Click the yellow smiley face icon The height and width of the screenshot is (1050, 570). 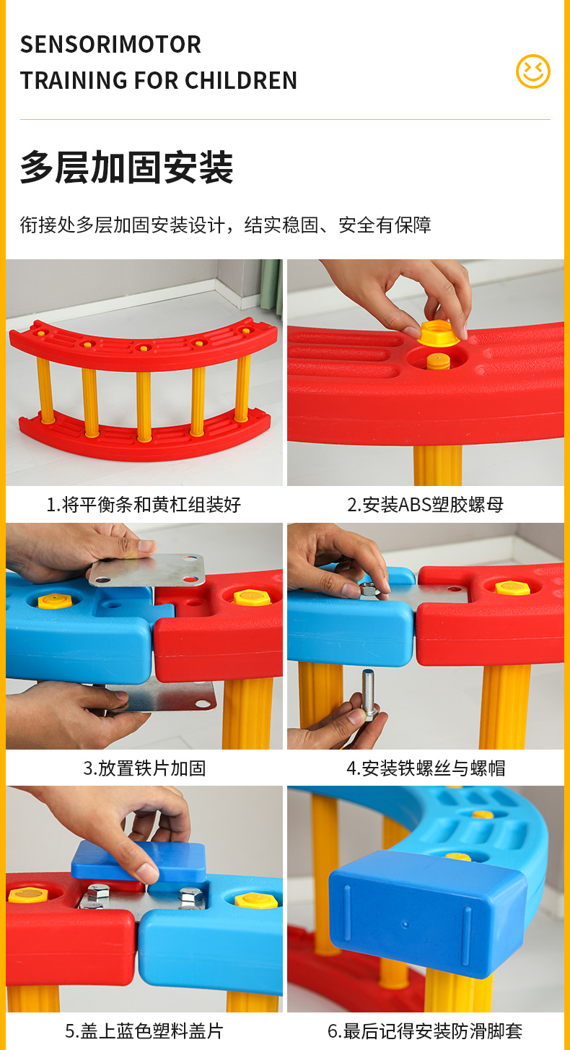click(533, 71)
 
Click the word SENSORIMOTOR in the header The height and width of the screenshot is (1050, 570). click(110, 45)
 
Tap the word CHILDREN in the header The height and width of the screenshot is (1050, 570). click(241, 80)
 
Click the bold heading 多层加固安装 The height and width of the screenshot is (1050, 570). click(126, 167)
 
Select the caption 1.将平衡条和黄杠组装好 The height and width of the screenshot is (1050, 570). click(144, 505)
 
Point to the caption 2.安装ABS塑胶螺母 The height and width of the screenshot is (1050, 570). click(425, 505)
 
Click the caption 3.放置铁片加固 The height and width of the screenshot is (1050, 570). click(144, 768)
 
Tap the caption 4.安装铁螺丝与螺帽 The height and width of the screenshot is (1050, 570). click(426, 768)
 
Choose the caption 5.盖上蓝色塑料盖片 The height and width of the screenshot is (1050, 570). click(144, 1031)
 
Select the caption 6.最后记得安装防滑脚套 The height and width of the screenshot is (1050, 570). click(425, 1031)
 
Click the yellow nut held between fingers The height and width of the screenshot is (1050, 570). click(439, 334)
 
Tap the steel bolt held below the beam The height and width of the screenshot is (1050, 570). click(369, 695)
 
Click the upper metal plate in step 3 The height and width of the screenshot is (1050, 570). click(147, 570)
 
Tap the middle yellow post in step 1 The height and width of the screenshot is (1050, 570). click(144, 406)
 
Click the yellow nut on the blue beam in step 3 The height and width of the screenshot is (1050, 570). click(55, 601)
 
